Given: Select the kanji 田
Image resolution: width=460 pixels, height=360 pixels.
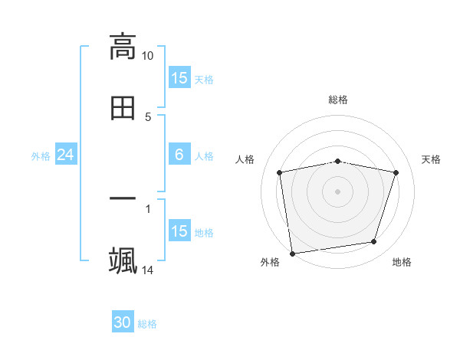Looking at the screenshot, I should (123, 108).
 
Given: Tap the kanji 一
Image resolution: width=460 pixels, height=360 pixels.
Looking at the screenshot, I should (123, 198).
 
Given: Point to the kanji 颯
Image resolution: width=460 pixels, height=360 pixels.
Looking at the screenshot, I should (123, 260).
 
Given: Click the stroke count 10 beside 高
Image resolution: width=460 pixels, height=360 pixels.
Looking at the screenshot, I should (148, 56).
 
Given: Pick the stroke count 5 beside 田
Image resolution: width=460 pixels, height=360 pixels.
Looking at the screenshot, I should (148, 117).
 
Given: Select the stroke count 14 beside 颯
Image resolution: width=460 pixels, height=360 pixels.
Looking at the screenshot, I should (148, 270).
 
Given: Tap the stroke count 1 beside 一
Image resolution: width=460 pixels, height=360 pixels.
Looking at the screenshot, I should (148, 208).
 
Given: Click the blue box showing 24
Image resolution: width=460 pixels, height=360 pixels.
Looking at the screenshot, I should (65, 155).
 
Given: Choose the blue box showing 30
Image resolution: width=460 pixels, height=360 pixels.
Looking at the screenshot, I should (123, 322).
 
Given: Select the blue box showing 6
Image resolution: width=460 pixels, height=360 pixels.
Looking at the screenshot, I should (179, 155).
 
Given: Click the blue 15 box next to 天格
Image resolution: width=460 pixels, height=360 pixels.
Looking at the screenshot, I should (179, 78).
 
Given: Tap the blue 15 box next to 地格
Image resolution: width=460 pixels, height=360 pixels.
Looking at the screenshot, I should (179, 231).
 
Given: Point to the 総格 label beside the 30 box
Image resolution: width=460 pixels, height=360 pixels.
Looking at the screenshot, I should (147, 324).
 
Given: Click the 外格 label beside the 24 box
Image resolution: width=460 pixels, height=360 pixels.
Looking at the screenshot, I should (41, 156).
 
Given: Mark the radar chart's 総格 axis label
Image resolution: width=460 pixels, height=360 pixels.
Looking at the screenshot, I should (338, 100).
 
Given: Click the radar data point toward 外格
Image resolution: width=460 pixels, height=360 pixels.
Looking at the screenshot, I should (292, 253).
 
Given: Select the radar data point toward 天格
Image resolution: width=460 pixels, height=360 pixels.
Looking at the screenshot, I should (396, 172).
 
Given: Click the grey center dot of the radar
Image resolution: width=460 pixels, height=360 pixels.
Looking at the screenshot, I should (338, 191).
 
